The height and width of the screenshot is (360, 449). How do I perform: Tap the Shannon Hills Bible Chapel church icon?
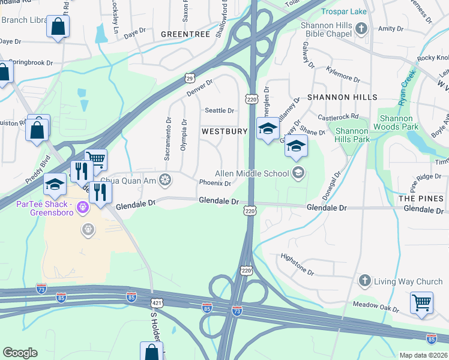coord(361,28)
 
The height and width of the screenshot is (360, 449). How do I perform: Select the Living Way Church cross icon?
coord(364,281)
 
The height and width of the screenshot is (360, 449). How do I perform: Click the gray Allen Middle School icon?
coord(298,174)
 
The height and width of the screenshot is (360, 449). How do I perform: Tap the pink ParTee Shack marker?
coord(83,208)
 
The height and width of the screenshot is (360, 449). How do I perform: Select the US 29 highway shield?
coord(189,78)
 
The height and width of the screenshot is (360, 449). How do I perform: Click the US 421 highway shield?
coord(157,304)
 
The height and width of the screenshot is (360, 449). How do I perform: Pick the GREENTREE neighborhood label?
coord(185,35)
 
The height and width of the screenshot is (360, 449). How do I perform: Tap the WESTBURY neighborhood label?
coord(224,131)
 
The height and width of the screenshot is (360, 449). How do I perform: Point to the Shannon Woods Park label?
coord(396,122)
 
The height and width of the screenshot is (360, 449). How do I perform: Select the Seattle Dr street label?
coord(219,110)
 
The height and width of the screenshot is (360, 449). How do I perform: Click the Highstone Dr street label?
coord(298,265)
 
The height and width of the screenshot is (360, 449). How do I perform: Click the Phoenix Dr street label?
coord(215,183)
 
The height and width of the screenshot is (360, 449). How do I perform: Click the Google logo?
coord(20,353)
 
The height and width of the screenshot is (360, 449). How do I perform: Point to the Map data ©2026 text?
coord(423,355)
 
